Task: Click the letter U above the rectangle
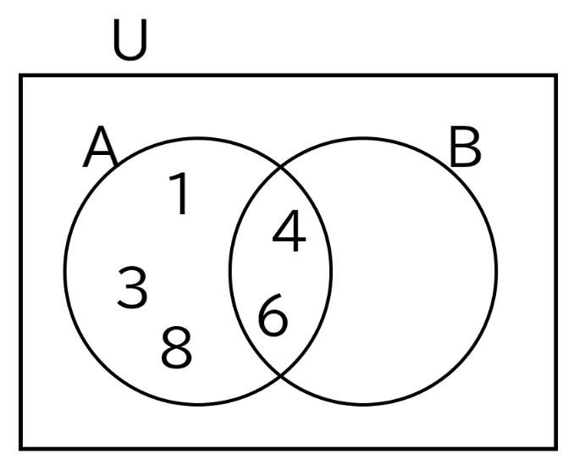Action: pyautogui.click(x=130, y=40)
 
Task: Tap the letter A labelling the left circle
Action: pyautogui.click(x=101, y=147)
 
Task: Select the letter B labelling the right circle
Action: pyautogui.click(x=465, y=147)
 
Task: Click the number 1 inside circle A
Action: pyautogui.click(x=179, y=193)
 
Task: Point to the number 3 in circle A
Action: pyautogui.click(x=132, y=287)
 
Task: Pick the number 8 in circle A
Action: pyautogui.click(x=176, y=346)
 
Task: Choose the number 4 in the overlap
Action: pyautogui.click(x=290, y=230)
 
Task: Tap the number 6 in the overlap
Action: pyautogui.click(x=273, y=315)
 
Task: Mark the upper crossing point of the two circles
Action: pyautogui.click(x=280, y=168)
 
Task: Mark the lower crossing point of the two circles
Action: pyautogui.click(x=280, y=374)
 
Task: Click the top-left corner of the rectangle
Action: pyautogui.click(x=21, y=75)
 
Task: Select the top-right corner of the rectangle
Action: pyautogui.click(x=556, y=75)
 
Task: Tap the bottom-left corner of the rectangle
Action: pyautogui.click(x=21, y=448)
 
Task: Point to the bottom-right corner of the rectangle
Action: pyautogui.click(x=556, y=448)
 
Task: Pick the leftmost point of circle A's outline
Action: pyautogui.click(x=65, y=271)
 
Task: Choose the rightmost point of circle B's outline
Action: pyautogui.click(x=496, y=271)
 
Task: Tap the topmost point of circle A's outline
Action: pyautogui.click(x=198, y=139)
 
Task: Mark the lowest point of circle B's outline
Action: pyautogui.click(x=362, y=404)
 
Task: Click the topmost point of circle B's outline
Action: pyautogui.click(x=362, y=139)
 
